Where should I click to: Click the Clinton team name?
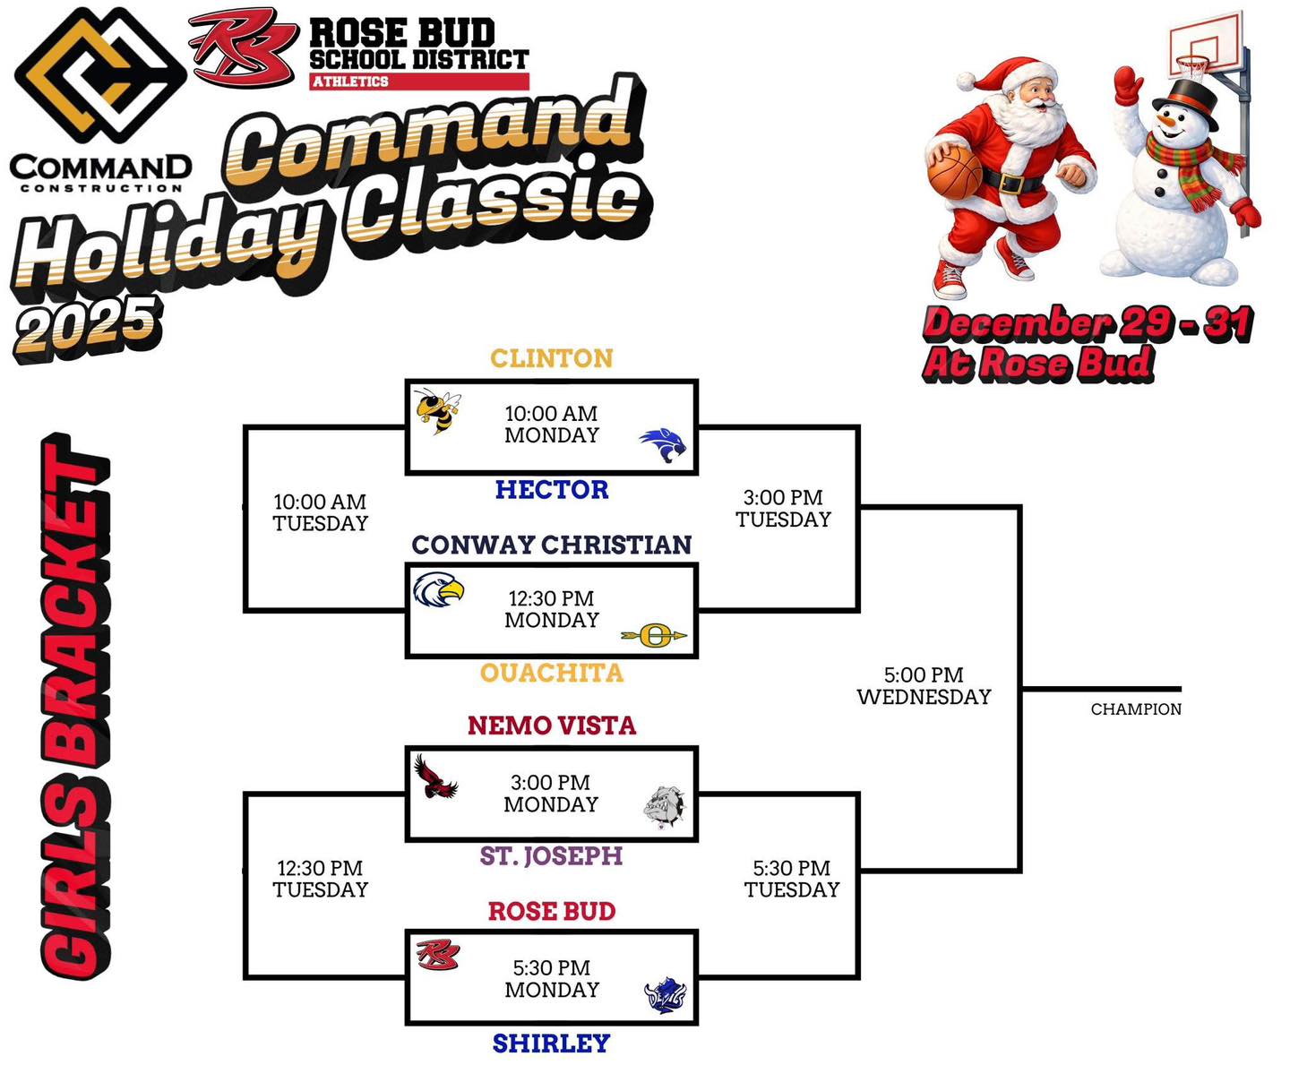[551, 358]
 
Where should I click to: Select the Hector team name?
[551, 489]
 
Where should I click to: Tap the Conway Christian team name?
[551, 545]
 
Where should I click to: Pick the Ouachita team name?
[551, 673]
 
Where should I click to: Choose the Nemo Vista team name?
[551, 726]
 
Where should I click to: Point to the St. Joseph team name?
[551, 856]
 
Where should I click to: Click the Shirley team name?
[551, 1043]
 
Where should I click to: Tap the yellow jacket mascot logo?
[438, 411]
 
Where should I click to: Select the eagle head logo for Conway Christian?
[438, 590]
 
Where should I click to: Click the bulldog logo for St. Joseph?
[664, 807]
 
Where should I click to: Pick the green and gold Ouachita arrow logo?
[654, 636]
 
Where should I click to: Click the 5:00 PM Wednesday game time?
[924, 686]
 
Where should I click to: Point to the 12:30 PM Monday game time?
[551, 609]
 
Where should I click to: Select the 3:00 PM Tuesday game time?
[783, 508]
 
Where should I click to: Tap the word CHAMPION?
[1136, 709]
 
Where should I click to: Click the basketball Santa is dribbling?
[954, 172]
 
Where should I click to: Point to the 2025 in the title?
[87, 326]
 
